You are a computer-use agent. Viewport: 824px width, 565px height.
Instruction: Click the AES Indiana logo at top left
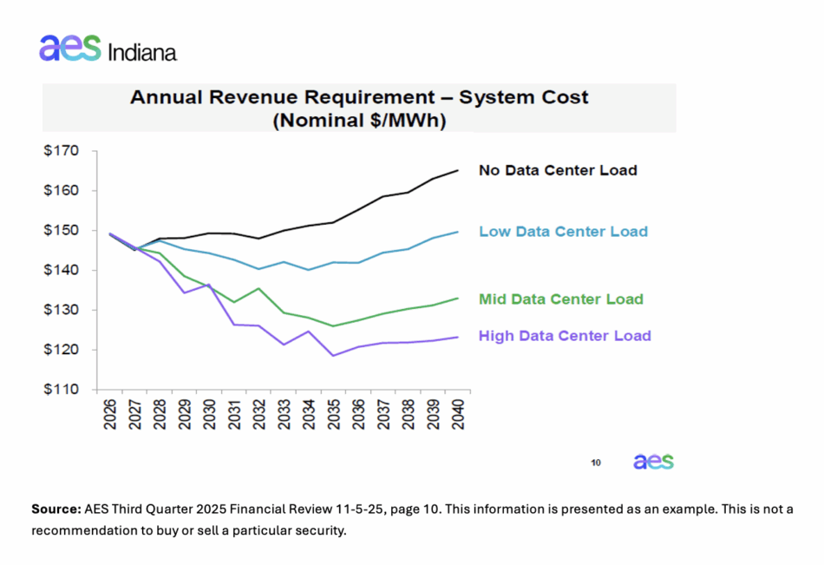[108, 49]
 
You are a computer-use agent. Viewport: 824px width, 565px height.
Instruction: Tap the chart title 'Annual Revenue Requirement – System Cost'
[359, 97]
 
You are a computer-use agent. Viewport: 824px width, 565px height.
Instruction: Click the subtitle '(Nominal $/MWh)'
[359, 121]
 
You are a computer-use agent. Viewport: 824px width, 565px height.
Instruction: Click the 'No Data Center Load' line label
[558, 170]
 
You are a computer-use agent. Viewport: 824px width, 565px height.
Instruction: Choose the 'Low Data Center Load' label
[563, 232]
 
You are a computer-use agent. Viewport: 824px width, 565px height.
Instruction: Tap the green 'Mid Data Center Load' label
[561, 299]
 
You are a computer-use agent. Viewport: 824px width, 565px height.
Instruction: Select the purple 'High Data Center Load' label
[565, 336]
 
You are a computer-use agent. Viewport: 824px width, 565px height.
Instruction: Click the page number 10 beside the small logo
[596, 463]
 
